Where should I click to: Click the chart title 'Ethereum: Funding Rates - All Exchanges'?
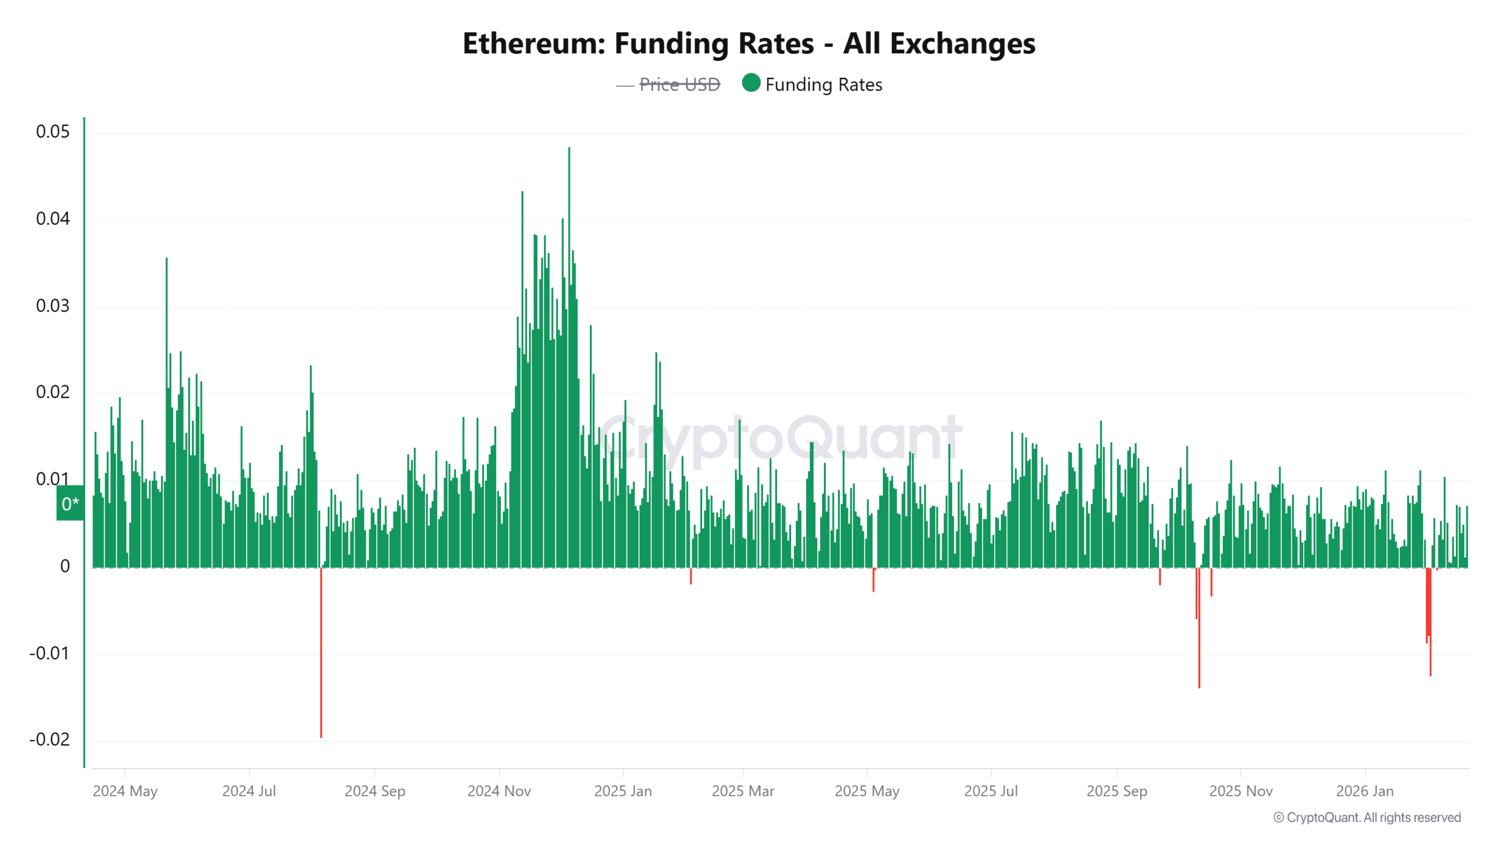(x=748, y=43)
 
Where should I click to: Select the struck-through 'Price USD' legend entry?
(x=679, y=85)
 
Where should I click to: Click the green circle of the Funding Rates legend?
(x=751, y=83)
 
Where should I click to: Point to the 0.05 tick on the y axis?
(x=53, y=132)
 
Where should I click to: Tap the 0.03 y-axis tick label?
(x=53, y=306)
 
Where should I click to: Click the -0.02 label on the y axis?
(x=50, y=739)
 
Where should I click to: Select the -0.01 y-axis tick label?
(x=50, y=653)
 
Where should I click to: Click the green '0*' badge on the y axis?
(x=70, y=503)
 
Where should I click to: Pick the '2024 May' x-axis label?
(x=125, y=791)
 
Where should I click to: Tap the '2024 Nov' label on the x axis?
(x=499, y=791)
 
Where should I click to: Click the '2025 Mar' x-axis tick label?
(x=743, y=791)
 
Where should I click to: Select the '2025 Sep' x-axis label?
(x=1116, y=791)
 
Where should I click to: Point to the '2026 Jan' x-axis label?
(x=1365, y=791)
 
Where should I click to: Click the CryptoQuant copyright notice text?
(x=1367, y=817)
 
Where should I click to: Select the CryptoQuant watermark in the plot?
(x=780, y=439)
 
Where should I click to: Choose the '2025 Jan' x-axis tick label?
(x=623, y=791)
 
